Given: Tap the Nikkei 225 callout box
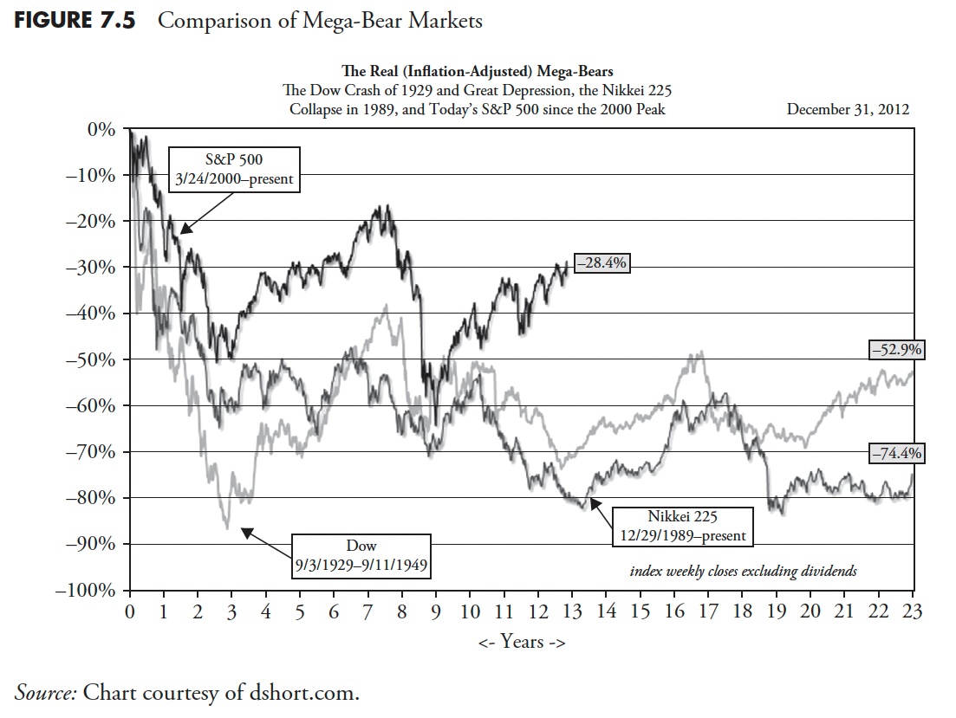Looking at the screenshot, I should (681, 526).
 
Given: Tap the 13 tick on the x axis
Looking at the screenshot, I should (572, 611).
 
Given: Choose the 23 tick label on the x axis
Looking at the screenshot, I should (913, 611).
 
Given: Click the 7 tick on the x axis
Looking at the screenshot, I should (367, 611).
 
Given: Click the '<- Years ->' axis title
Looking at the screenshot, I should (520, 642).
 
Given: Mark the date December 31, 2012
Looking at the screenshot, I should (847, 109).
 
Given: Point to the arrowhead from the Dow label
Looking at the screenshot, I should (245, 531).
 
